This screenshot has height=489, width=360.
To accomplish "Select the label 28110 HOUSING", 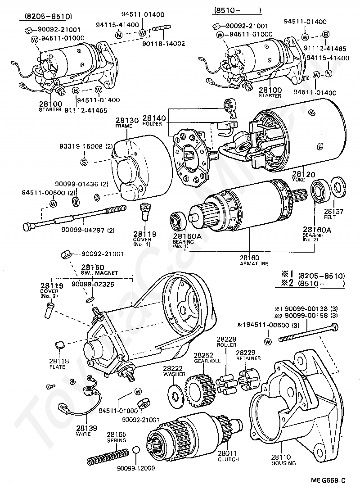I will pos(283,460).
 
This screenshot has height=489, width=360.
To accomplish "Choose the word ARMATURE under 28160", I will pos(254,263).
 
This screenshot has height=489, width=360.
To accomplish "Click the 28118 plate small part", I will pos(58,346).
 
